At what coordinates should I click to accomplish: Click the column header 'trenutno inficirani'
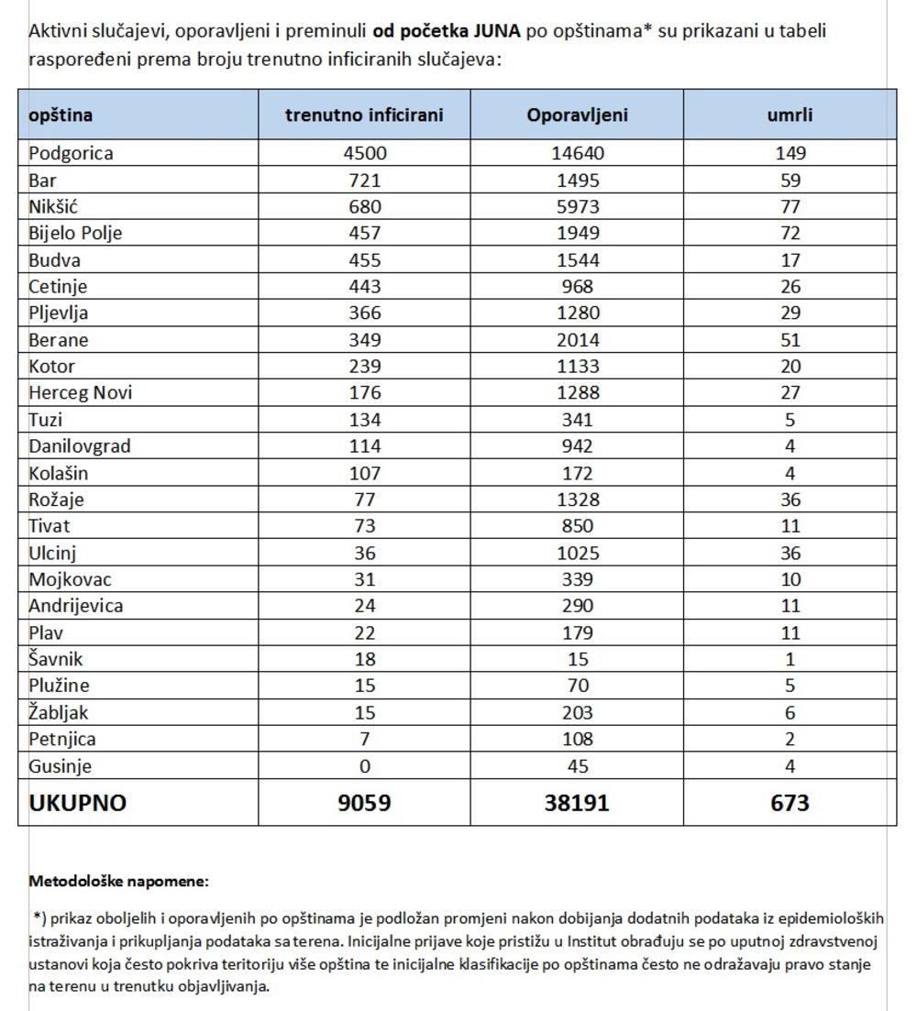tap(364, 115)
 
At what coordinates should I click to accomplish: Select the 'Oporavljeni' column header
tap(577, 115)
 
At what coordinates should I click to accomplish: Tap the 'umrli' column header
tap(790, 115)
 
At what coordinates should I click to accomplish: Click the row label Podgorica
tap(72, 153)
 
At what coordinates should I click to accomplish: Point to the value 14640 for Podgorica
tap(577, 153)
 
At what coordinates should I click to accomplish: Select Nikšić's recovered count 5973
tap(577, 206)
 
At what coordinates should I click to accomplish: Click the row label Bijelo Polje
tap(75, 233)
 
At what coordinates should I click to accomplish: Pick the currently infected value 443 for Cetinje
tap(364, 286)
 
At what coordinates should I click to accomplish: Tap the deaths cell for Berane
tap(790, 339)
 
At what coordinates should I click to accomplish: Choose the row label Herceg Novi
tap(81, 392)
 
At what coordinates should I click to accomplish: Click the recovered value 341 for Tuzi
tap(577, 420)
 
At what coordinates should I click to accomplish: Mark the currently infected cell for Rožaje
tap(364, 500)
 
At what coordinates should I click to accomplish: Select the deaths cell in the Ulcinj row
tap(790, 553)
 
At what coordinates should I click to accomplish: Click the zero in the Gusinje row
tap(364, 765)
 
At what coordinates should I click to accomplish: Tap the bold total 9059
tap(364, 803)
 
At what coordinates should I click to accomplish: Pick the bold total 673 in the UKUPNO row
tap(790, 803)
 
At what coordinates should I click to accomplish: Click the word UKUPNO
tap(78, 803)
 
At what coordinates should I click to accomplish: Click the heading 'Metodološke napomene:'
tap(119, 882)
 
